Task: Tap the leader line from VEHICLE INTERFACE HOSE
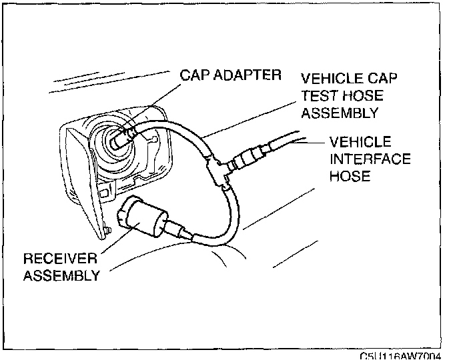click(314, 141)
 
